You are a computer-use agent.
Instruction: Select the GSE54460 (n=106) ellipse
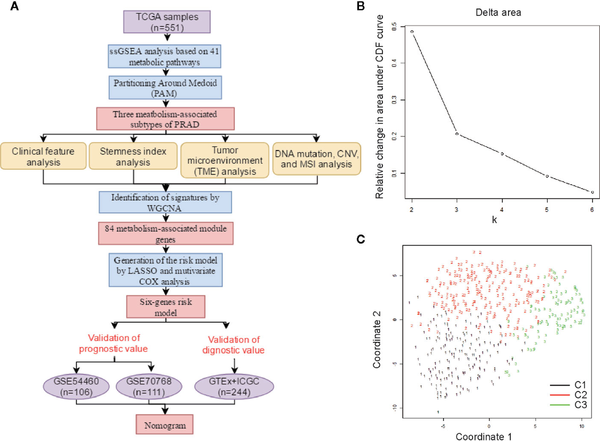[x=76, y=387]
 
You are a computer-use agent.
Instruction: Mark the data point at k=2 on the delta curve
[x=412, y=31]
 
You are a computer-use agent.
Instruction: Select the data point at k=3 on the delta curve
[x=457, y=134]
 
